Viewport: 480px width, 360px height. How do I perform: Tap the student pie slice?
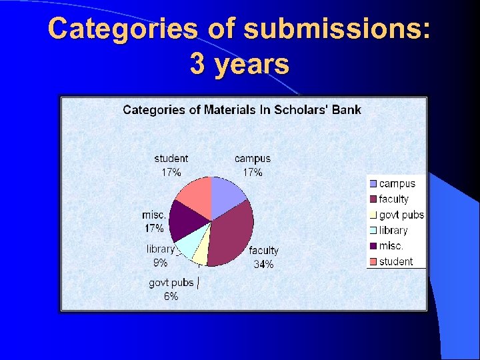(194, 196)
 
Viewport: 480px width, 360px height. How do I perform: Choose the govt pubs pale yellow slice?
(201, 255)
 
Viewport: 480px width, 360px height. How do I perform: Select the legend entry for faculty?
(393, 199)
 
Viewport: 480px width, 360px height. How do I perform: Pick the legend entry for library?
(393, 230)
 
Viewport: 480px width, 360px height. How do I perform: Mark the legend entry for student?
(395, 261)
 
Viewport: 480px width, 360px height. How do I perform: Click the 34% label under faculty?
(263, 264)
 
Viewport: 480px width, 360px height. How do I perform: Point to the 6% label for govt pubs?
(171, 297)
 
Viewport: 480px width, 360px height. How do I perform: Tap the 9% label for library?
(161, 263)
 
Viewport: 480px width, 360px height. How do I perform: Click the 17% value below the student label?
(171, 172)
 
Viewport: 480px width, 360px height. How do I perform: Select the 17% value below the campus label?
(252, 172)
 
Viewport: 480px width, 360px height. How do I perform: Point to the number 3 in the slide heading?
(197, 65)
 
